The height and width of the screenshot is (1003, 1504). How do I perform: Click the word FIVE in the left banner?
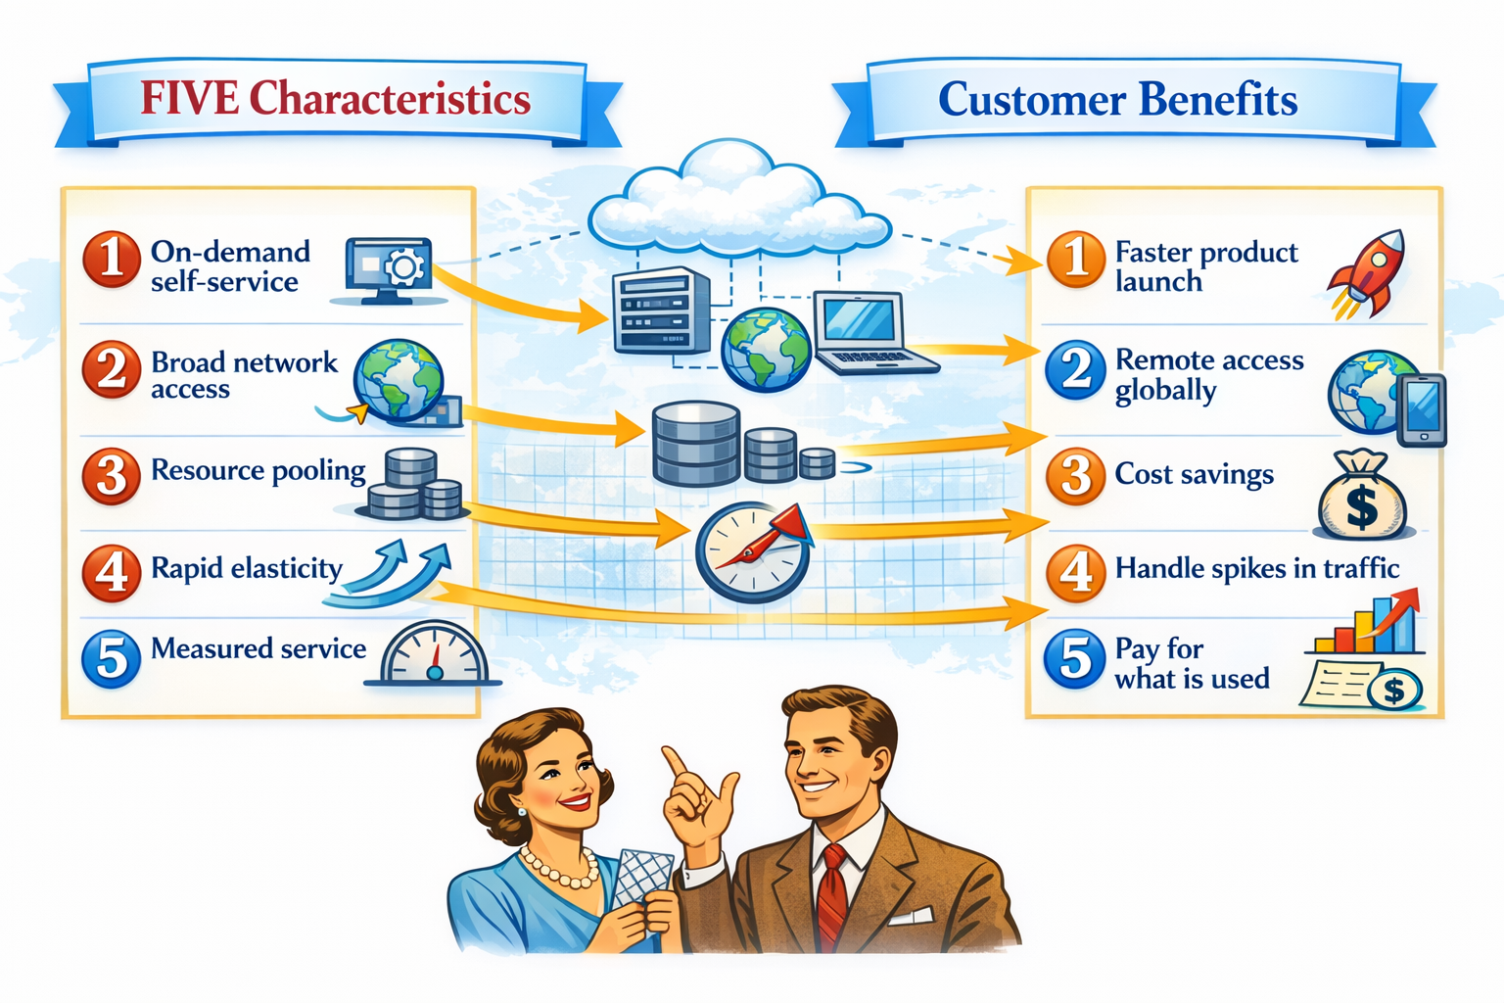pyautogui.click(x=189, y=99)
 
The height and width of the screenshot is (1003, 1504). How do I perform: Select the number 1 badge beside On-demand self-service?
pyautogui.click(x=111, y=261)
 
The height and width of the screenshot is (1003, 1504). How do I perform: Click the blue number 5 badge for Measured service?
pyautogui.click(x=111, y=658)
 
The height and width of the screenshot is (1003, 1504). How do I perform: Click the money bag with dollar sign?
pyautogui.click(x=1362, y=497)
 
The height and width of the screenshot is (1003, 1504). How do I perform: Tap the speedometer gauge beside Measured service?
pyautogui.click(x=434, y=653)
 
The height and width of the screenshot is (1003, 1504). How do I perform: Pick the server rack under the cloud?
pyautogui.click(x=661, y=310)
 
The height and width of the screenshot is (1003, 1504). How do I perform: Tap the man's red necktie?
pyautogui.click(x=832, y=896)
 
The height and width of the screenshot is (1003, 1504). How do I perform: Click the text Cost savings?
pyautogui.click(x=1194, y=475)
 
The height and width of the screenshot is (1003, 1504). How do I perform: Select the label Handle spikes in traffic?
pyautogui.click(x=1256, y=569)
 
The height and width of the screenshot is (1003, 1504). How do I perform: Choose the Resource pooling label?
pyautogui.click(x=258, y=471)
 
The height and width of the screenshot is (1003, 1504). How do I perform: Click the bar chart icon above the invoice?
pyautogui.click(x=1365, y=624)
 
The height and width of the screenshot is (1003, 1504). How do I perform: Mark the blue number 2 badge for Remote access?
pyautogui.click(x=1075, y=371)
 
